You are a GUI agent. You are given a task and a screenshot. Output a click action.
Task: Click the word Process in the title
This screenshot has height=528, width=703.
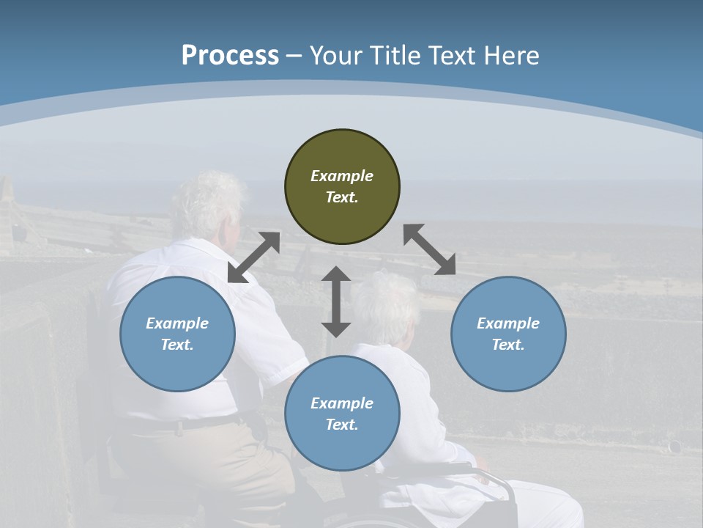(230, 56)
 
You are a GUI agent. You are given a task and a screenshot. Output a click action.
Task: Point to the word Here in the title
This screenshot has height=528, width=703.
(510, 56)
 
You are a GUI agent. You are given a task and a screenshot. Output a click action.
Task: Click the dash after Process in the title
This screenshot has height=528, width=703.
(294, 56)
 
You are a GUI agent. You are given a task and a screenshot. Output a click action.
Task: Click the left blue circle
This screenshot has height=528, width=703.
(177, 334)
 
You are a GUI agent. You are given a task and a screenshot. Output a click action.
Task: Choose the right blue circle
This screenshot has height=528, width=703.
(508, 334)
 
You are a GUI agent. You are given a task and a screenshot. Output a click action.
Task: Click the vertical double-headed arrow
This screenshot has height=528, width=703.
(336, 301)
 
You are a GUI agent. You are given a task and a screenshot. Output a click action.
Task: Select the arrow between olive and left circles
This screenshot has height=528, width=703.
(254, 257)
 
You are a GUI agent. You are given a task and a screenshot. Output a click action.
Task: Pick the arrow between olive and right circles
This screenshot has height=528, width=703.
(429, 249)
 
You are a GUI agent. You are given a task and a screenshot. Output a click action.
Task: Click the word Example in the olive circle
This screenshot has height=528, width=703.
(342, 176)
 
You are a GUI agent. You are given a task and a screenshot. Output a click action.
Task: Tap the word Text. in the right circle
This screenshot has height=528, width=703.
(508, 345)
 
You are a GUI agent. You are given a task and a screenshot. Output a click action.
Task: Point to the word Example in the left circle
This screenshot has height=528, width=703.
(177, 323)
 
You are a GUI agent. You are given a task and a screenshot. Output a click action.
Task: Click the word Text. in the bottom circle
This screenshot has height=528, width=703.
(342, 425)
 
